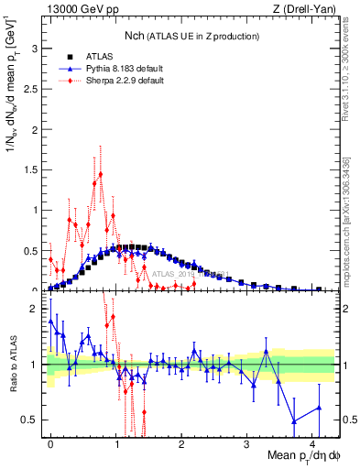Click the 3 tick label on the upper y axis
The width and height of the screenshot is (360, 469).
pyautogui.click(x=37, y=48)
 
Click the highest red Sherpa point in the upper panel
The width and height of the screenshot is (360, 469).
pyautogui.click(x=101, y=173)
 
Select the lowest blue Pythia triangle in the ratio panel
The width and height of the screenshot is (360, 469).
pyautogui.click(x=293, y=421)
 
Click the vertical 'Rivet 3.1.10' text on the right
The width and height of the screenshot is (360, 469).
pyautogui.click(x=350, y=73)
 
